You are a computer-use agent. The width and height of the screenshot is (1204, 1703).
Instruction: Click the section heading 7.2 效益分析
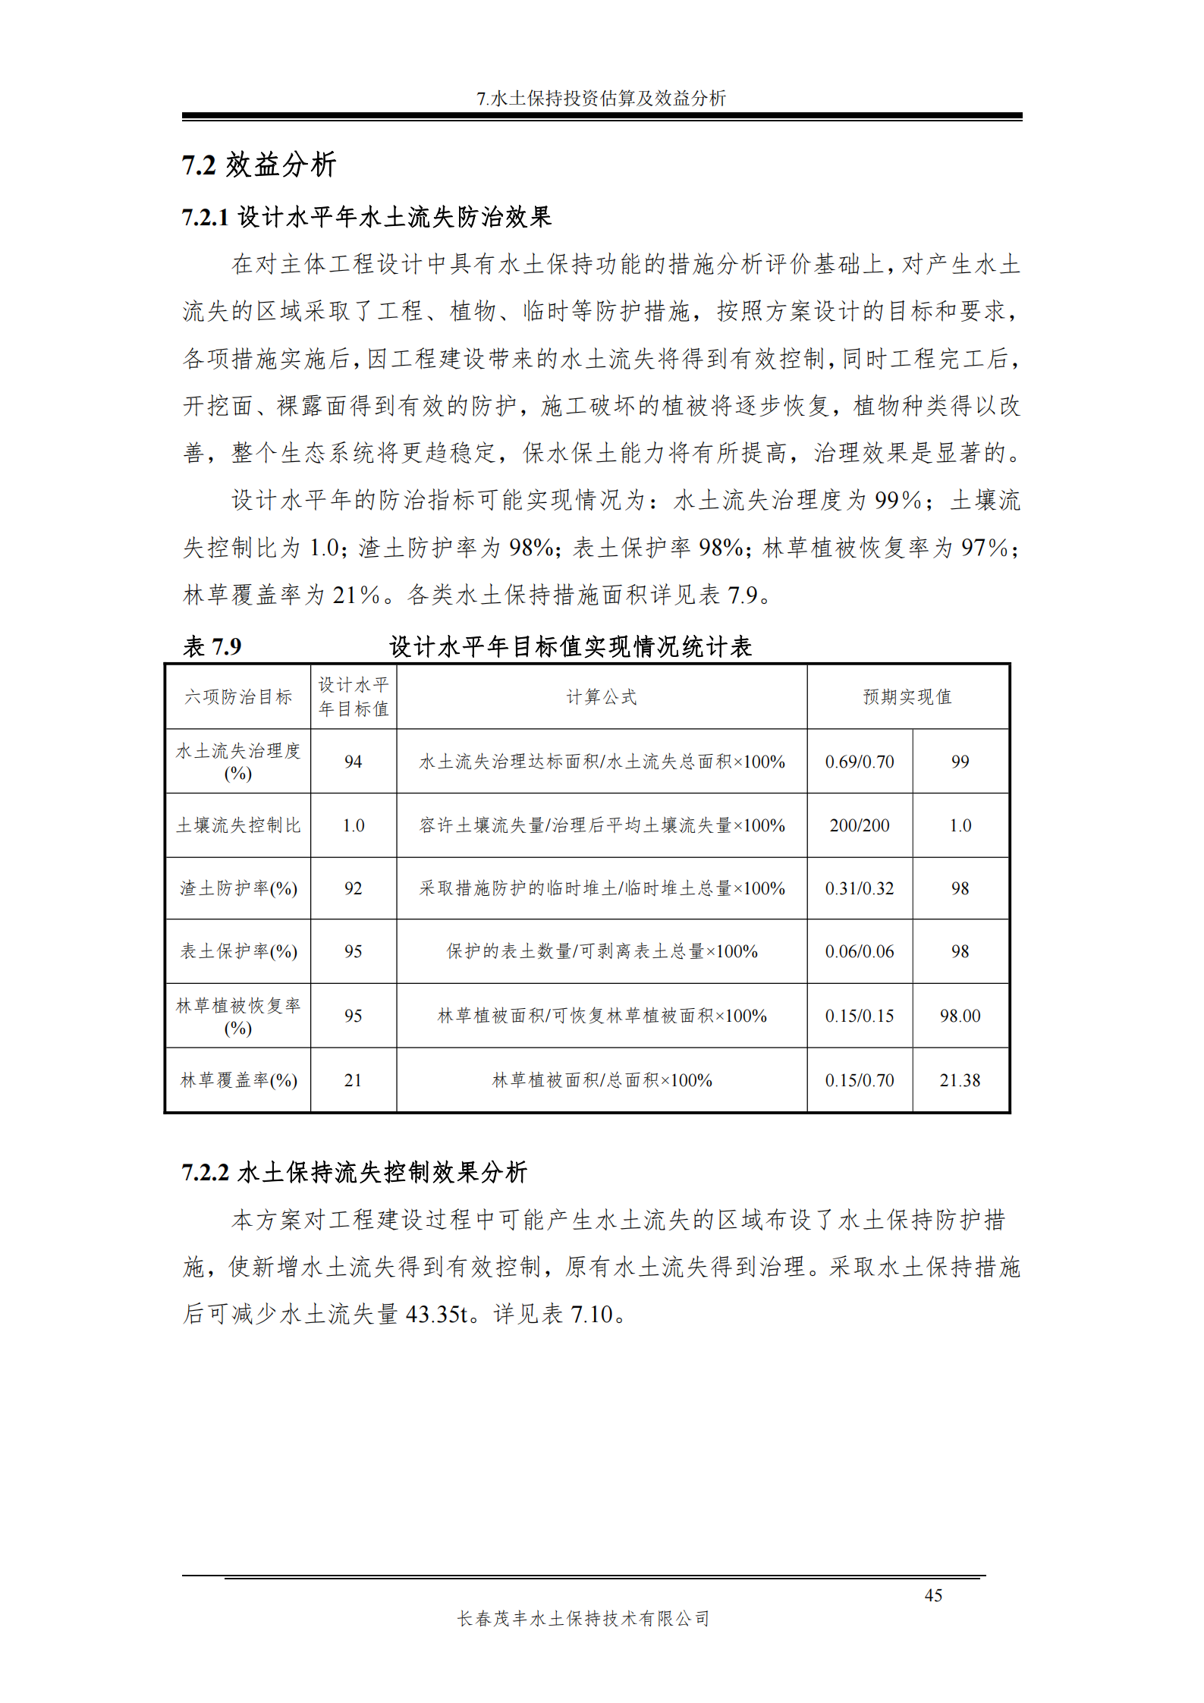259,165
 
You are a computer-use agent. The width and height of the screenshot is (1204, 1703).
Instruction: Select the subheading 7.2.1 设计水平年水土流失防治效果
366,217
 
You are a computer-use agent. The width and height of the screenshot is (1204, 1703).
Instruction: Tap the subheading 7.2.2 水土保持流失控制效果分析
354,1172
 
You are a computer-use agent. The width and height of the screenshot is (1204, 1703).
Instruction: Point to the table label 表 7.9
212,646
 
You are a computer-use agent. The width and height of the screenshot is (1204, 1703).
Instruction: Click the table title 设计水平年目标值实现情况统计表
571,646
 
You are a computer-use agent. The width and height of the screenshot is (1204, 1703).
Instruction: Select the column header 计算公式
602,696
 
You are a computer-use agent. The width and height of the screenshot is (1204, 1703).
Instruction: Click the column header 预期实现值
907,696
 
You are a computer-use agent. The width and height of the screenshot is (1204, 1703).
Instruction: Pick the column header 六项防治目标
238,696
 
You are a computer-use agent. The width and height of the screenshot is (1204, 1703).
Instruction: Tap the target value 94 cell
354,761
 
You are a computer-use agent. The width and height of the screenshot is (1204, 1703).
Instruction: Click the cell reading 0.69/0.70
860,761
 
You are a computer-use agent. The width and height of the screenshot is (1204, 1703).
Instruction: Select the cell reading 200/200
860,825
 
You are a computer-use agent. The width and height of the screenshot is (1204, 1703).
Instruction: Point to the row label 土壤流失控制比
238,825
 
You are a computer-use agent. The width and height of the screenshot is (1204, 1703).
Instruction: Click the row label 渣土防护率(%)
238,888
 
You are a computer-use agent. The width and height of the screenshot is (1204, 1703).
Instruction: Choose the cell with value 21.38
960,1080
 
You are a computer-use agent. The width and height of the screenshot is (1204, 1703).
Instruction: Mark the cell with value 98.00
960,1016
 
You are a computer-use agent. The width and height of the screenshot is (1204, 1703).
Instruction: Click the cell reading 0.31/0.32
860,888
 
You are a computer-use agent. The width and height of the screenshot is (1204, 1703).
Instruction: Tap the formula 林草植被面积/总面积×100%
602,1080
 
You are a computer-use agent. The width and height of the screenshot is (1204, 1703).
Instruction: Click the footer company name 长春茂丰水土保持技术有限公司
583,1618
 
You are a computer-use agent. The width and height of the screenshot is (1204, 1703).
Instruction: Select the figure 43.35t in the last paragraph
438,1314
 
